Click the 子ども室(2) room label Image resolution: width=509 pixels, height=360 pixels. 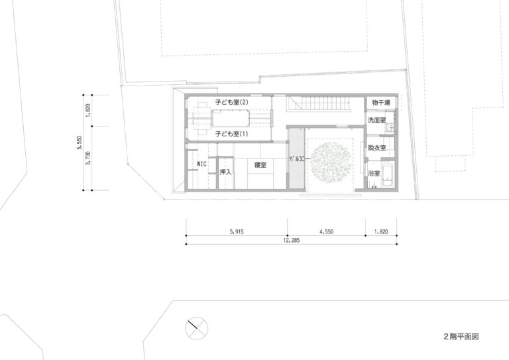(231, 102)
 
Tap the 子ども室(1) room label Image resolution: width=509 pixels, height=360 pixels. (231, 133)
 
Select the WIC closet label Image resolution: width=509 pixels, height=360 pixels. (202, 164)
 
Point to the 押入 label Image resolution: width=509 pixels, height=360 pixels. (225, 172)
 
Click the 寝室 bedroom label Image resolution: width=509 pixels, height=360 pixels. (260, 165)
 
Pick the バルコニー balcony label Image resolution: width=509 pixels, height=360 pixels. (300, 159)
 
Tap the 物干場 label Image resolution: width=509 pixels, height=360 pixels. (381, 103)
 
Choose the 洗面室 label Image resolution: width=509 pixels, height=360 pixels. (376, 120)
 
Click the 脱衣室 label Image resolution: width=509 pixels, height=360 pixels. (376, 148)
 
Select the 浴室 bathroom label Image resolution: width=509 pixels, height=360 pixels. (374, 173)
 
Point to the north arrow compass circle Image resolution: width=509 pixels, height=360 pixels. (197, 328)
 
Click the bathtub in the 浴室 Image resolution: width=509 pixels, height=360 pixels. (388, 175)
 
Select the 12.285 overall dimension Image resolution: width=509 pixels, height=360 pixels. (291, 241)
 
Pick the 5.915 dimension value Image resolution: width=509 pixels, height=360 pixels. (237, 232)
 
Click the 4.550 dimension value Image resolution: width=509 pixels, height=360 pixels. (326, 232)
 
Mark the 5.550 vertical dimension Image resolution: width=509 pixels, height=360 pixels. (80, 143)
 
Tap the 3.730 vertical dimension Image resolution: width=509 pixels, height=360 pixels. (88, 158)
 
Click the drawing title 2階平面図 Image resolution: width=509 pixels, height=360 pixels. (461, 337)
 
